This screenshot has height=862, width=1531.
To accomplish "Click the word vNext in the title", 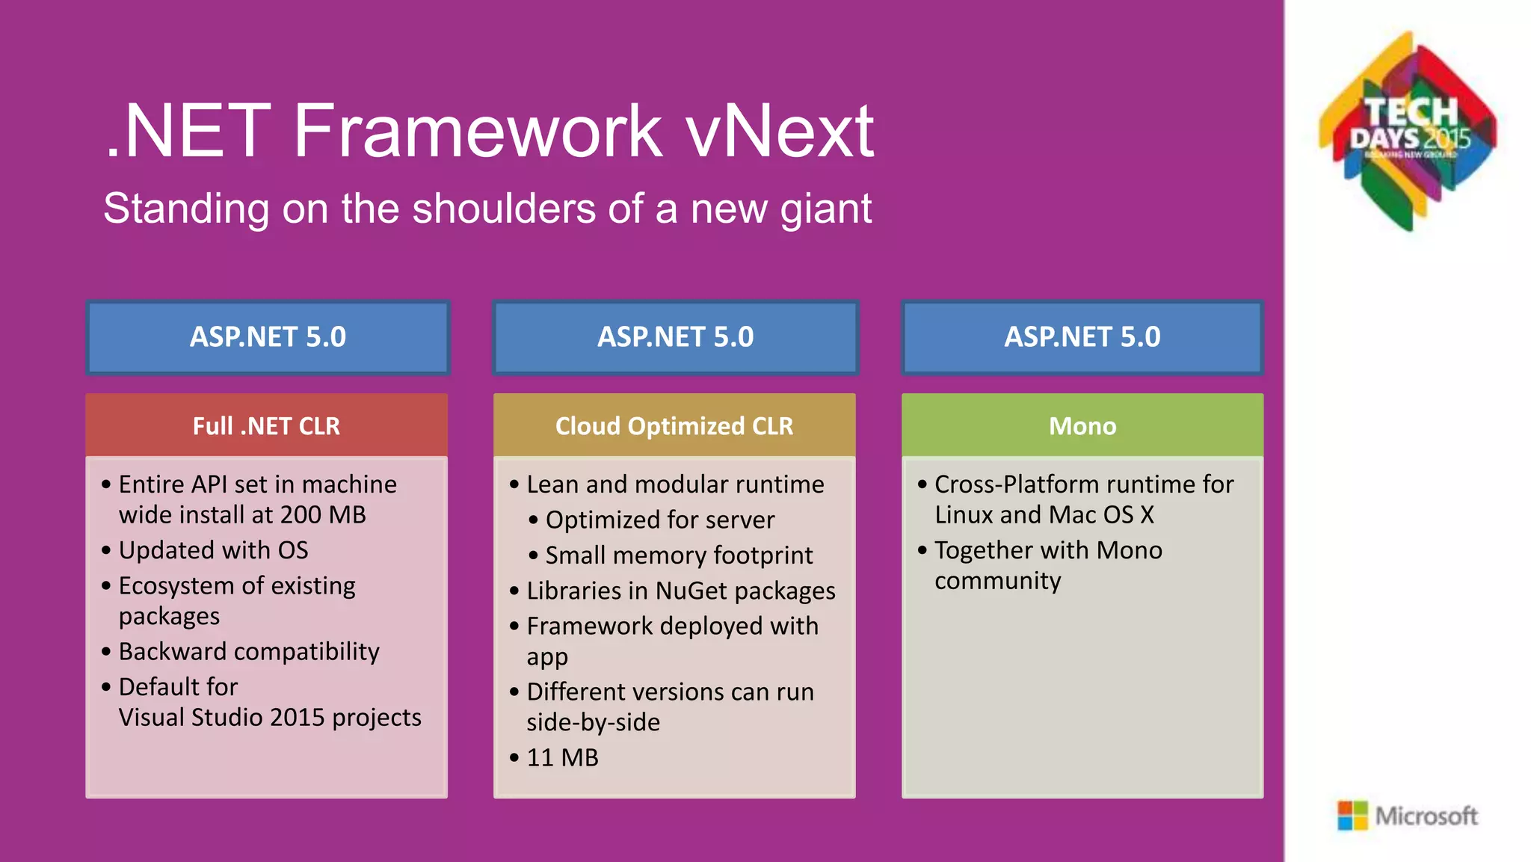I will (779, 132).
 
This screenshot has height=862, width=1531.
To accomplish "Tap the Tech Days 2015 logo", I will (1408, 132).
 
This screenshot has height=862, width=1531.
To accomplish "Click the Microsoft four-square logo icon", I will (1352, 816).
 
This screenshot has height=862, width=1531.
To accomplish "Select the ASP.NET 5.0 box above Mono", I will (1082, 337).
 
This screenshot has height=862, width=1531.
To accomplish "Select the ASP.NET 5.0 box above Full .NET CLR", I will (268, 337).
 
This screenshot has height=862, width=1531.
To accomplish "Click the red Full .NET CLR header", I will (266, 426).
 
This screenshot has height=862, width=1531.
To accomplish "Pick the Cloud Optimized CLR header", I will (674, 426).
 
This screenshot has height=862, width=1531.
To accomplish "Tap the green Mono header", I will (1082, 426).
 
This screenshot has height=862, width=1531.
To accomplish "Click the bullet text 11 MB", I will (562, 758).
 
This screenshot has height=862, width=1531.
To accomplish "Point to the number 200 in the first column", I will (301, 515).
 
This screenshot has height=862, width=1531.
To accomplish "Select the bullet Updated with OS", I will (213, 551).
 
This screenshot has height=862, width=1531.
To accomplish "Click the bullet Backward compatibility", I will (249, 652).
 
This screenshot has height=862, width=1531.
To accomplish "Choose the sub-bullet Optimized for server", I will (659, 520).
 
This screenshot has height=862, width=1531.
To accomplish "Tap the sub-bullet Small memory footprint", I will (678, 555).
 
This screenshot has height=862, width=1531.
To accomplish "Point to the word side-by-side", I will (593, 723).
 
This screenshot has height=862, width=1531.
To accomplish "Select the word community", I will (997, 581).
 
